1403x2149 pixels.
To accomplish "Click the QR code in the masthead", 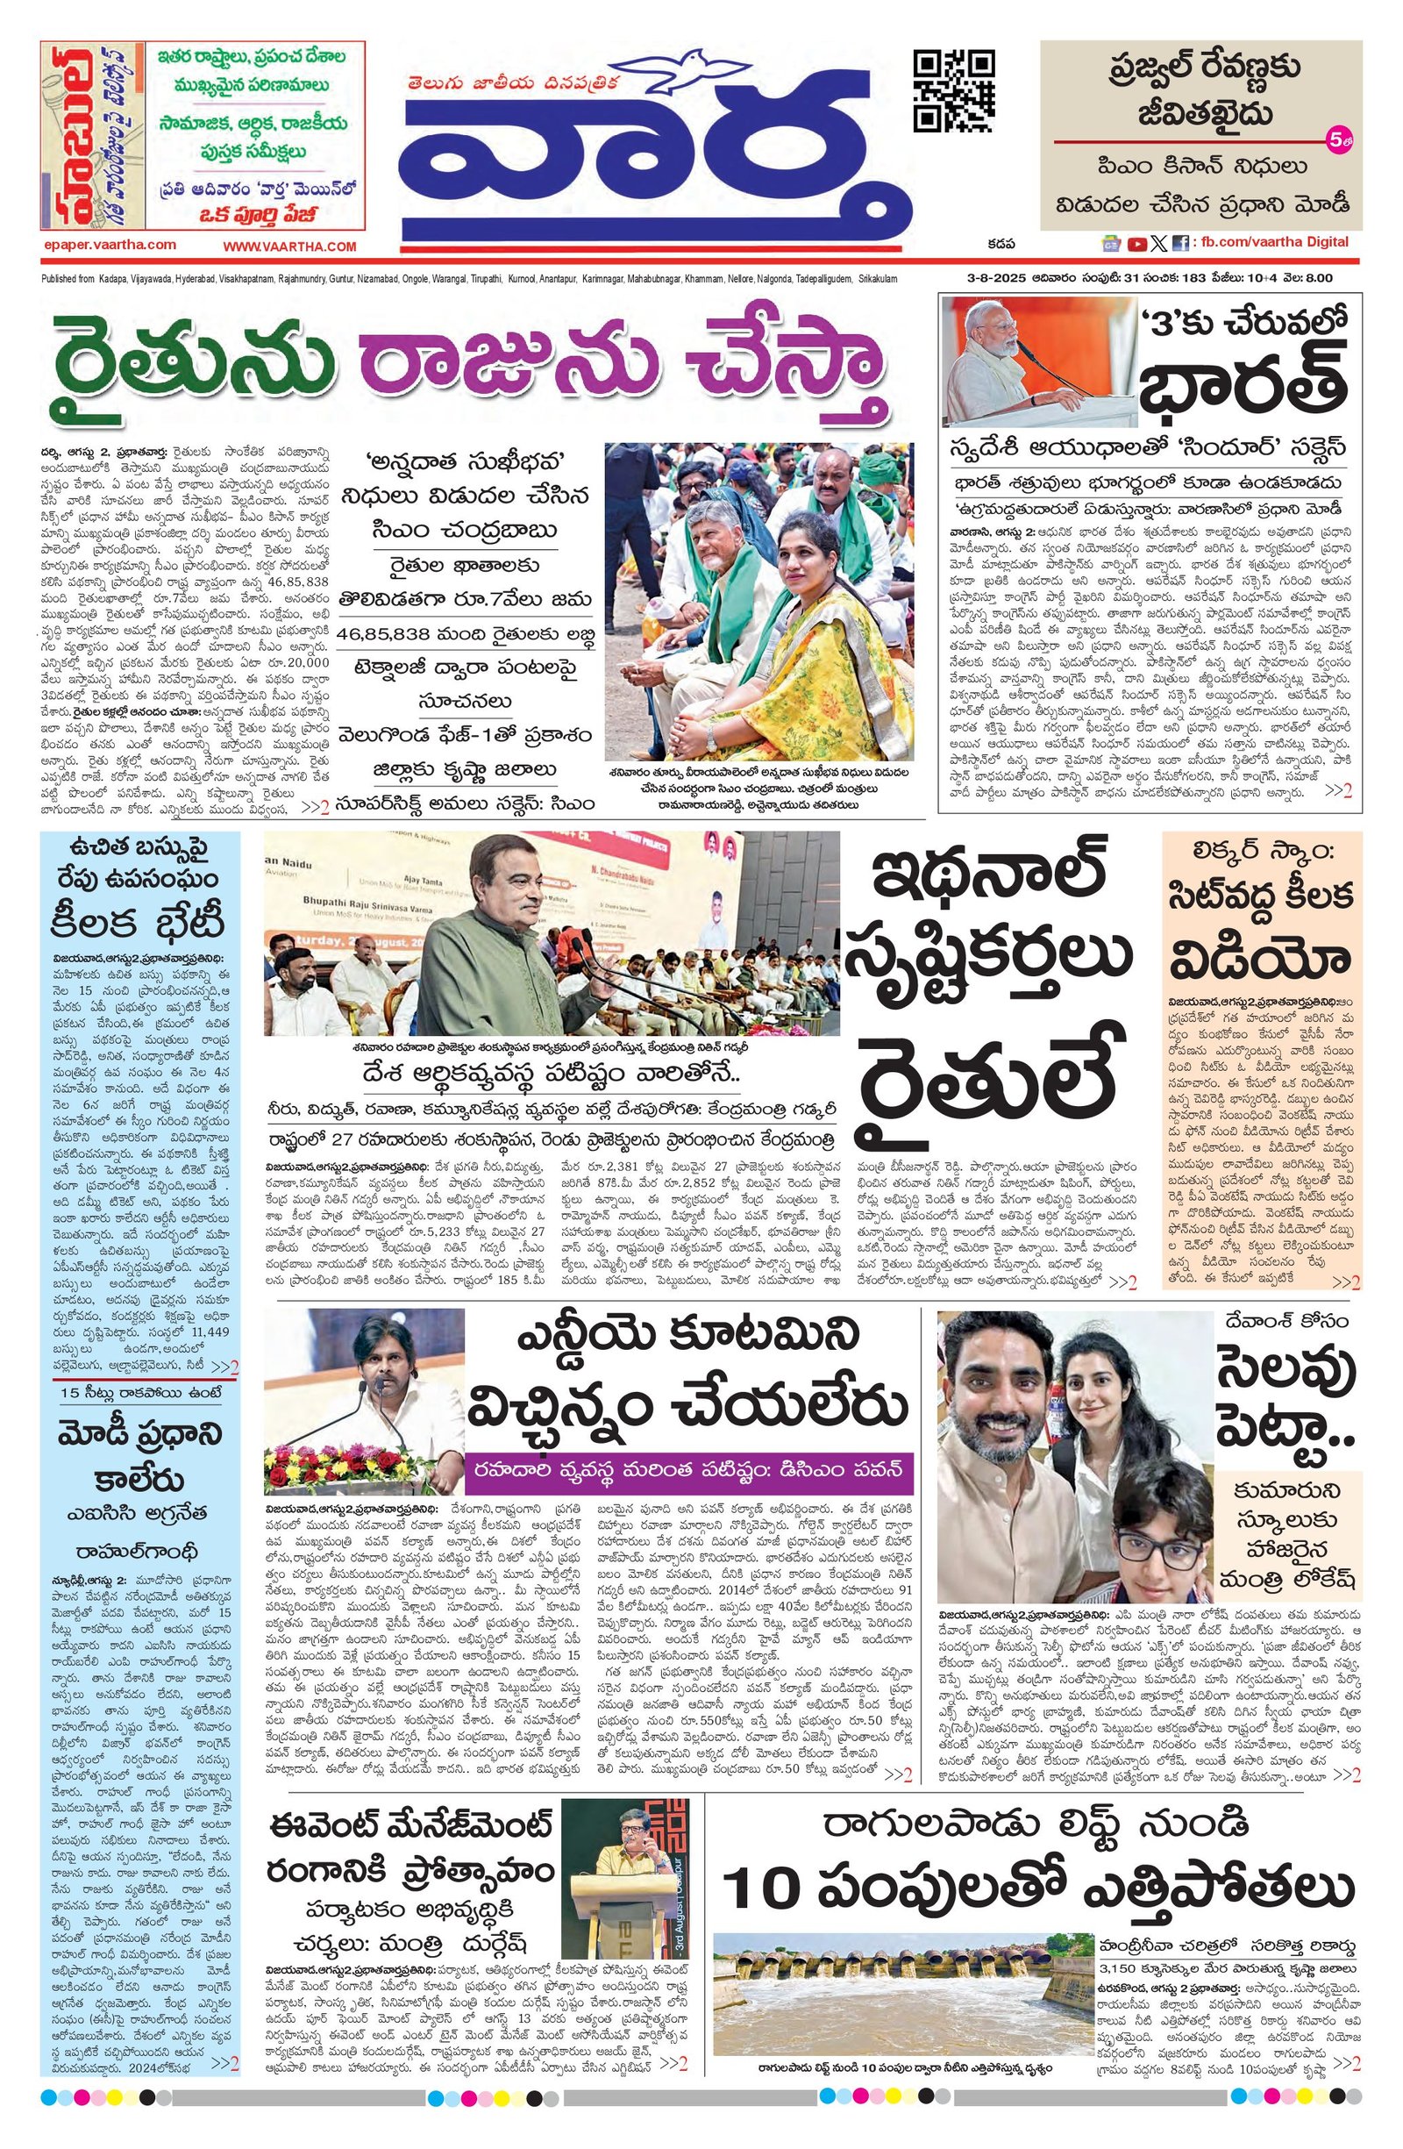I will click(955, 90).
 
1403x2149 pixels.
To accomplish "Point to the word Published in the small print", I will click(58, 279).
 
